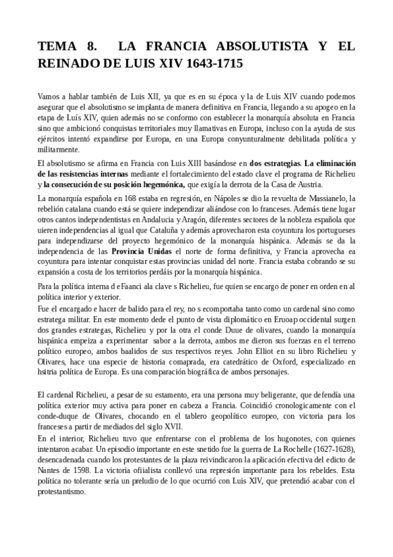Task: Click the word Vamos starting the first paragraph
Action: click(x=49, y=96)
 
